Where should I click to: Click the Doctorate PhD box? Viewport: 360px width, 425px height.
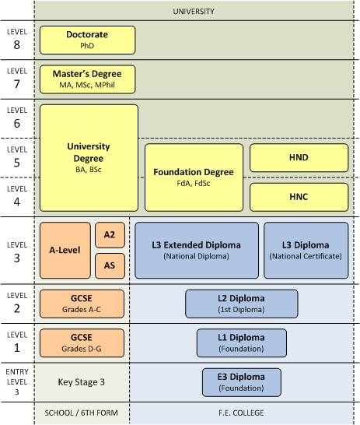pos(87,40)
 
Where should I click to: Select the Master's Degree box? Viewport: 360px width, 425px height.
pos(87,79)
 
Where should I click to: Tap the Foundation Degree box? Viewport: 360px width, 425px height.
pos(194,177)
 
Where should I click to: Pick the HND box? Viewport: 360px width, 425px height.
pos(298,157)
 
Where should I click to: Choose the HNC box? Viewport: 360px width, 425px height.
pos(298,197)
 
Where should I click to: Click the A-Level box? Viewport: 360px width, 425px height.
pos(65,251)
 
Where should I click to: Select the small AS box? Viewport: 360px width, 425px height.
pos(110,266)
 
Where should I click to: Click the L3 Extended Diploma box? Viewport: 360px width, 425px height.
pos(197,250)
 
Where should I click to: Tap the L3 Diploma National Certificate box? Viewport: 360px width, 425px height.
pos(306,250)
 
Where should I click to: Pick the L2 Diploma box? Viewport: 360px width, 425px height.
pos(241,304)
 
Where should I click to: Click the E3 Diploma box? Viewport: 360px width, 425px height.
pos(241,381)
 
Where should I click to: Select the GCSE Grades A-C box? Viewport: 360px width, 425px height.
pos(82,304)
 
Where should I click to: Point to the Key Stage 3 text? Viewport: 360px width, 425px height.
pos(82,381)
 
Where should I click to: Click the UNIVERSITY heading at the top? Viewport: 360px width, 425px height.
pos(193,12)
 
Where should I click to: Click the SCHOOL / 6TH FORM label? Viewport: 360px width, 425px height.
pos(82,413)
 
